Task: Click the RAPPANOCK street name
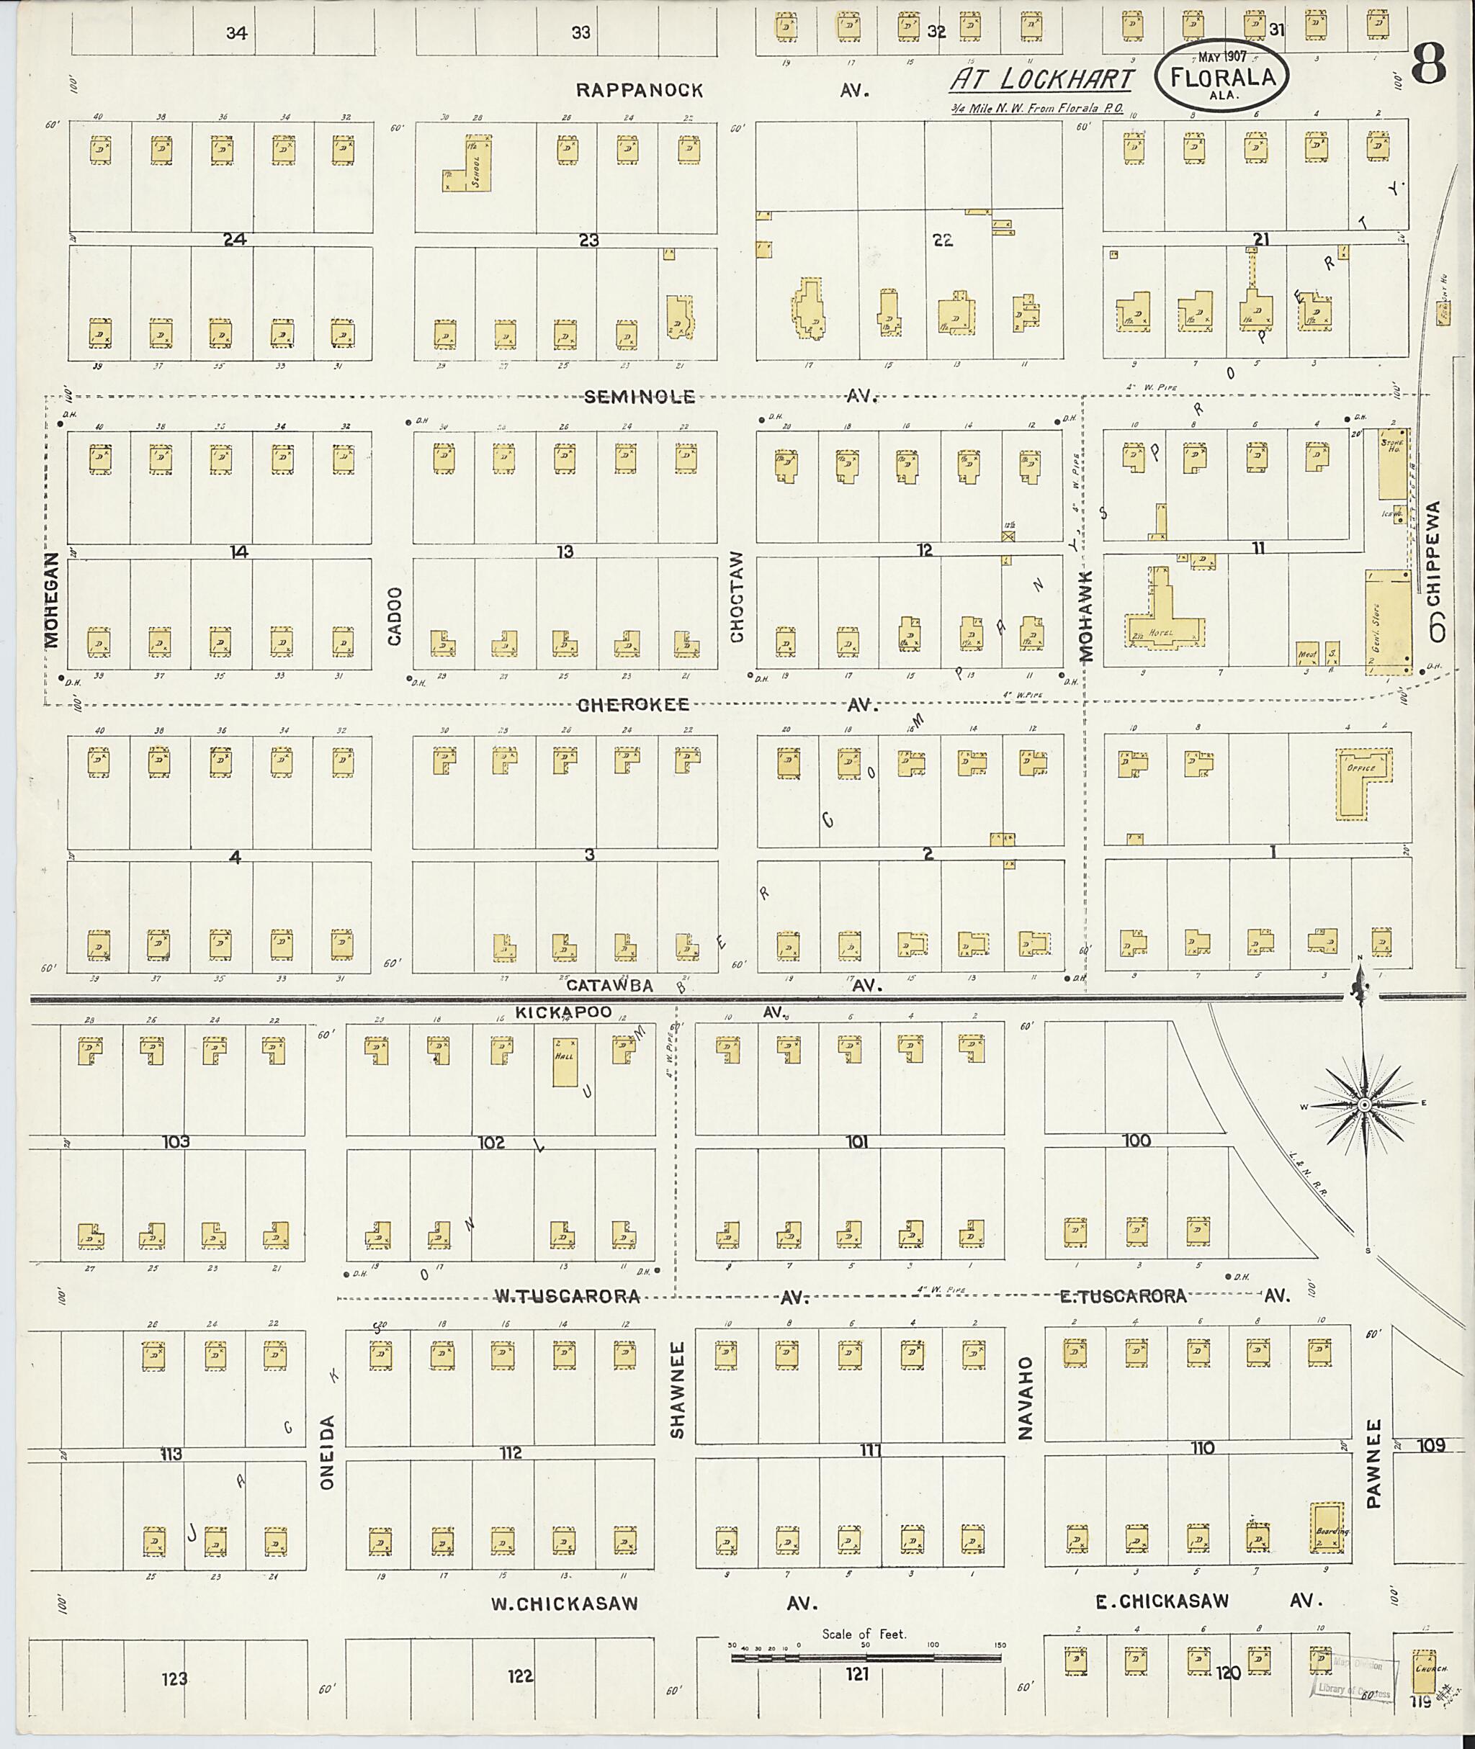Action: tap(640, 90)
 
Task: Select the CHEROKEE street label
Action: tap(634, 705)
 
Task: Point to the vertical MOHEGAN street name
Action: tap(52, 600)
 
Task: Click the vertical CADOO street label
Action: tap(395, 616)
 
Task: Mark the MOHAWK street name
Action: tap(1086, 616)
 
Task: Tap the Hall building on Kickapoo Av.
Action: tap(565, 1062)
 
